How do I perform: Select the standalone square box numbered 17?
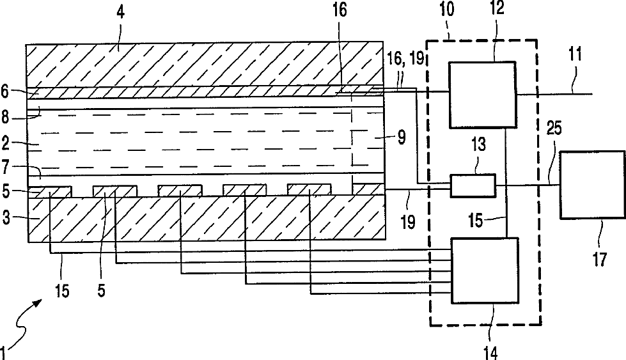[592, 184]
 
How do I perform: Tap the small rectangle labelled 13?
[473, 185]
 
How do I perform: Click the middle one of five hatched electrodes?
[180, 190]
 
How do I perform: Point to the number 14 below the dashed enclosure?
[490, 352]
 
